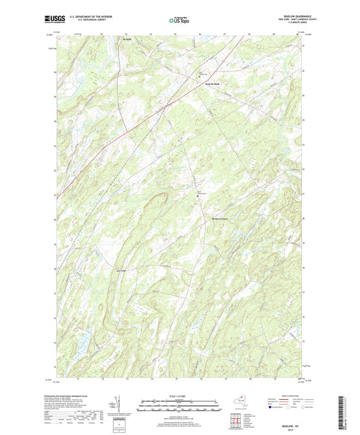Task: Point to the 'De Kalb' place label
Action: [126, 39]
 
